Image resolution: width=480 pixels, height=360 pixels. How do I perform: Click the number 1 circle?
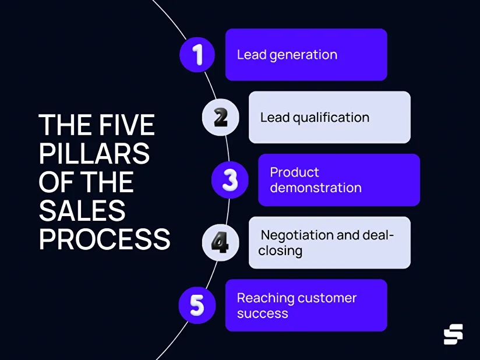click(x=197, y=55)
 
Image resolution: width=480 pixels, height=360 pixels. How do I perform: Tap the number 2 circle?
click(x=220, y=117)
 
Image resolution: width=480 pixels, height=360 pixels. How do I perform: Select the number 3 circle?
click(x=230, y=180)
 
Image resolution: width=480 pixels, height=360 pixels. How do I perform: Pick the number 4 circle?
click(x=220, y=242)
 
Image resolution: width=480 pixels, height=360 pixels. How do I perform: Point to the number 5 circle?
click(x=197, y=305)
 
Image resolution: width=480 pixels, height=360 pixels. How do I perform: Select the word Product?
click(x=295, y=172)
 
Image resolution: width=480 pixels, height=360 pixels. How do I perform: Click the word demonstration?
click(x=316, y=188)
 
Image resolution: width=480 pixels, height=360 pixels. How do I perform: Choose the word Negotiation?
click(x=297, y=235)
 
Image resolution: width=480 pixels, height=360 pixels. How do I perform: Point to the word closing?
click(x=281, y=251)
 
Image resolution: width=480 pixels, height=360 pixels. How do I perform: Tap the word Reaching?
click(x=266, y=298)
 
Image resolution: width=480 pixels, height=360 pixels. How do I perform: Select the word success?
click(x=262, y=313)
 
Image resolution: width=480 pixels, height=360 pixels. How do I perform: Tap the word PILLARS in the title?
click(x=94, y=154)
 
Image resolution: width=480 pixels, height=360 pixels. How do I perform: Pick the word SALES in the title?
click(x=82, y=210)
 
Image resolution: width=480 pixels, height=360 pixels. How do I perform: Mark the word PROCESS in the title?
click(x=104, y=239)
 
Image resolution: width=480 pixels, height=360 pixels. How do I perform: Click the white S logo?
click(x=453, y=334)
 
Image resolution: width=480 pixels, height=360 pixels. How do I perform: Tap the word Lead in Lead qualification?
click(x=274, y=118)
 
